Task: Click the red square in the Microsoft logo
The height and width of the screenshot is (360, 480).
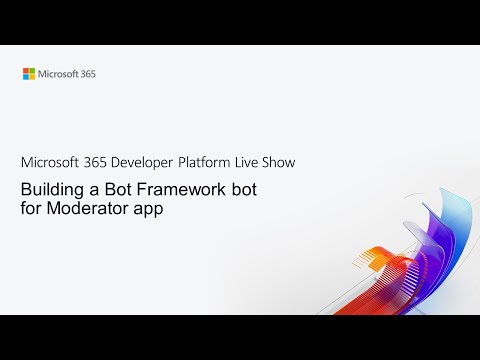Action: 26,70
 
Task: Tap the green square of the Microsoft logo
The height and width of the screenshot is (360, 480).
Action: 32,70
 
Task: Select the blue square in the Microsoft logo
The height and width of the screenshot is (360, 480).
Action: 26,76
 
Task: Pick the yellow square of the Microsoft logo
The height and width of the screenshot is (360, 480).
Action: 32,76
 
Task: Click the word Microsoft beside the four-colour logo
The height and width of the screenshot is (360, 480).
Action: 58,73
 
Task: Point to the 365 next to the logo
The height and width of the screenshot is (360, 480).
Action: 88,73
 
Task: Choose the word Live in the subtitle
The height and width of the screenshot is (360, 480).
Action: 249,161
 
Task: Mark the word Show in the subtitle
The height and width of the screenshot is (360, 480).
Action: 281,161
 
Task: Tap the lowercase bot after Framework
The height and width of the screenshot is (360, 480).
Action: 235,189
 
